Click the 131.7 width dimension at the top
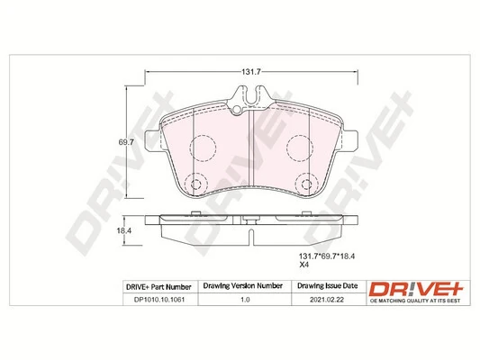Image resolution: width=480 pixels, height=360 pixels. click(248, 71)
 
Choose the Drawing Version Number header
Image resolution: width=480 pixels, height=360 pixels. click(244, 286)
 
